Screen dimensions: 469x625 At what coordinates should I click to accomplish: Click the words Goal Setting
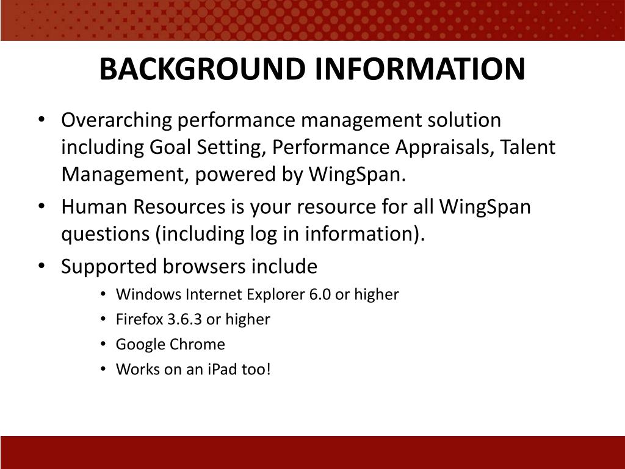(x=207, y=148)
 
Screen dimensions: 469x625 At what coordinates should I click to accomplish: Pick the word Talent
(x=529, y=148)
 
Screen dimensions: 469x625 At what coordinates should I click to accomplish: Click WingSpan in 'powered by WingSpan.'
(x=356, y=175)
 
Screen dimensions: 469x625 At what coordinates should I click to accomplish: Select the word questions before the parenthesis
(x=105, y=234)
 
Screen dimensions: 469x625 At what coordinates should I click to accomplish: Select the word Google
(x=140, y=344)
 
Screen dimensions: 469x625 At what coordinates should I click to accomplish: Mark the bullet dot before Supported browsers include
(x=42, y=266)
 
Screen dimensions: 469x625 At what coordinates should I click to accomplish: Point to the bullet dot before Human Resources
(x=42, y=206)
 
